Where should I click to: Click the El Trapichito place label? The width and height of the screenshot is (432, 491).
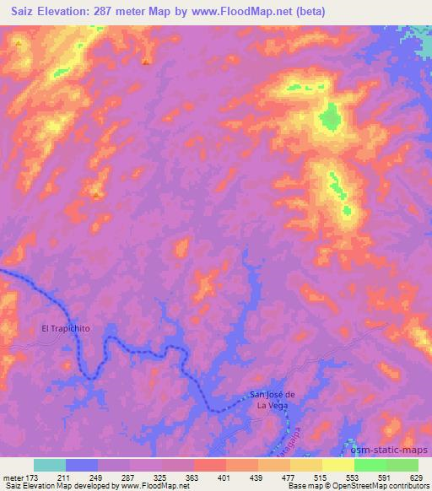tap(65, 328)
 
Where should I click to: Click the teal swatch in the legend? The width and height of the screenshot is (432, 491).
tap(50, 465)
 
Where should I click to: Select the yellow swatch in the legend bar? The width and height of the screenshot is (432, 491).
tap(338, 465)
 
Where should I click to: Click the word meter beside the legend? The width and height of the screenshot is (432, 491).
tap(12, 478)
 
